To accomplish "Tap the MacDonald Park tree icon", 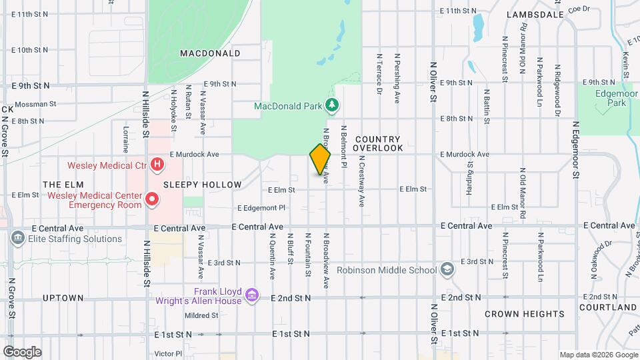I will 332,105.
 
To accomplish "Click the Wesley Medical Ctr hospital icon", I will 157,164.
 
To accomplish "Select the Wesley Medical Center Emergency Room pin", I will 152,198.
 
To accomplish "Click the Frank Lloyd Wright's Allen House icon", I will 252,295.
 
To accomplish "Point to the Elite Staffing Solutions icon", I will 17,238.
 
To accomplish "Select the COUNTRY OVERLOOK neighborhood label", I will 377,143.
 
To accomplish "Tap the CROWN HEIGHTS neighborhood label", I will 524,314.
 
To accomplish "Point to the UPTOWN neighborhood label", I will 63,297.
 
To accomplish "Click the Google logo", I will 22,351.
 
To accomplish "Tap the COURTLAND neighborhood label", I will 607,307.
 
